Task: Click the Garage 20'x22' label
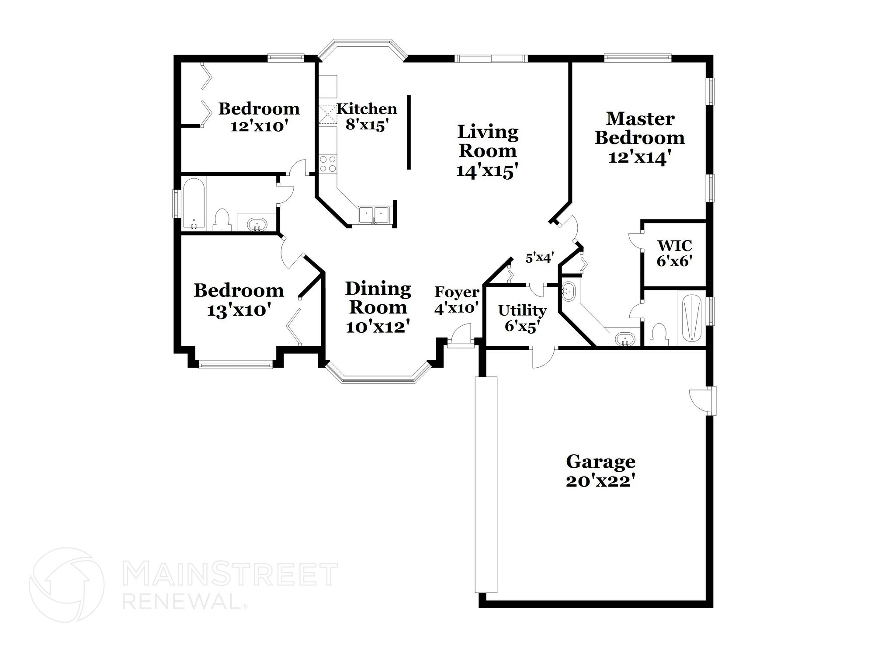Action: pos(600,471)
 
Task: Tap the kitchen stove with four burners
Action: pos(328,164)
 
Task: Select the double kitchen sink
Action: pos(374,216)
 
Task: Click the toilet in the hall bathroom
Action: pos(222,219)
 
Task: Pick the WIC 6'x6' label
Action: pos(674,253)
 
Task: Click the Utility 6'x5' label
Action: pos(522,318)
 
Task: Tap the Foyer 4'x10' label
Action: pos(457,300)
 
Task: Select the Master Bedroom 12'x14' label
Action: pos(640,138)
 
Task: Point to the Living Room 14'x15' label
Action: pos(488,151)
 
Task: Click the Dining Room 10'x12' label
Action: pos(378,307)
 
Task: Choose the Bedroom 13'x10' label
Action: pos(239,300)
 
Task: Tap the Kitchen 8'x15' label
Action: pos(367,117)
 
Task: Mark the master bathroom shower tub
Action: pos(690,318)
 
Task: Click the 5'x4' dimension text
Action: pos(540,258)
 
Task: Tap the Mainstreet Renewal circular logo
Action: pos(66,585)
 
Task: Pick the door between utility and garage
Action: pos(543,355)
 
